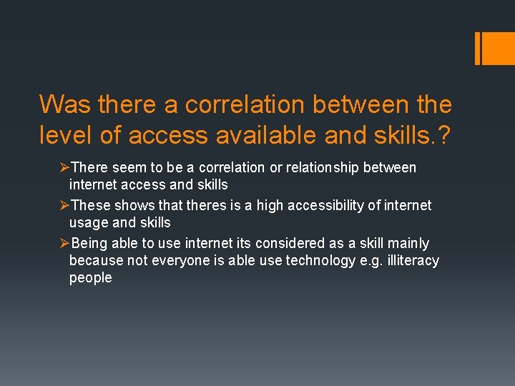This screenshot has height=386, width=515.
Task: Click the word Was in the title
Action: pyautogui.click(x=66, y=104)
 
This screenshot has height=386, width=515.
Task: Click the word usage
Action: pyautogui.click(x=88, y=222)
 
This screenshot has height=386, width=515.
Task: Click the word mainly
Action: pyautogui.click(x=408, y=243)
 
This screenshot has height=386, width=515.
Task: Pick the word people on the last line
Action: pyautogui.click(x=90, y=277)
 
